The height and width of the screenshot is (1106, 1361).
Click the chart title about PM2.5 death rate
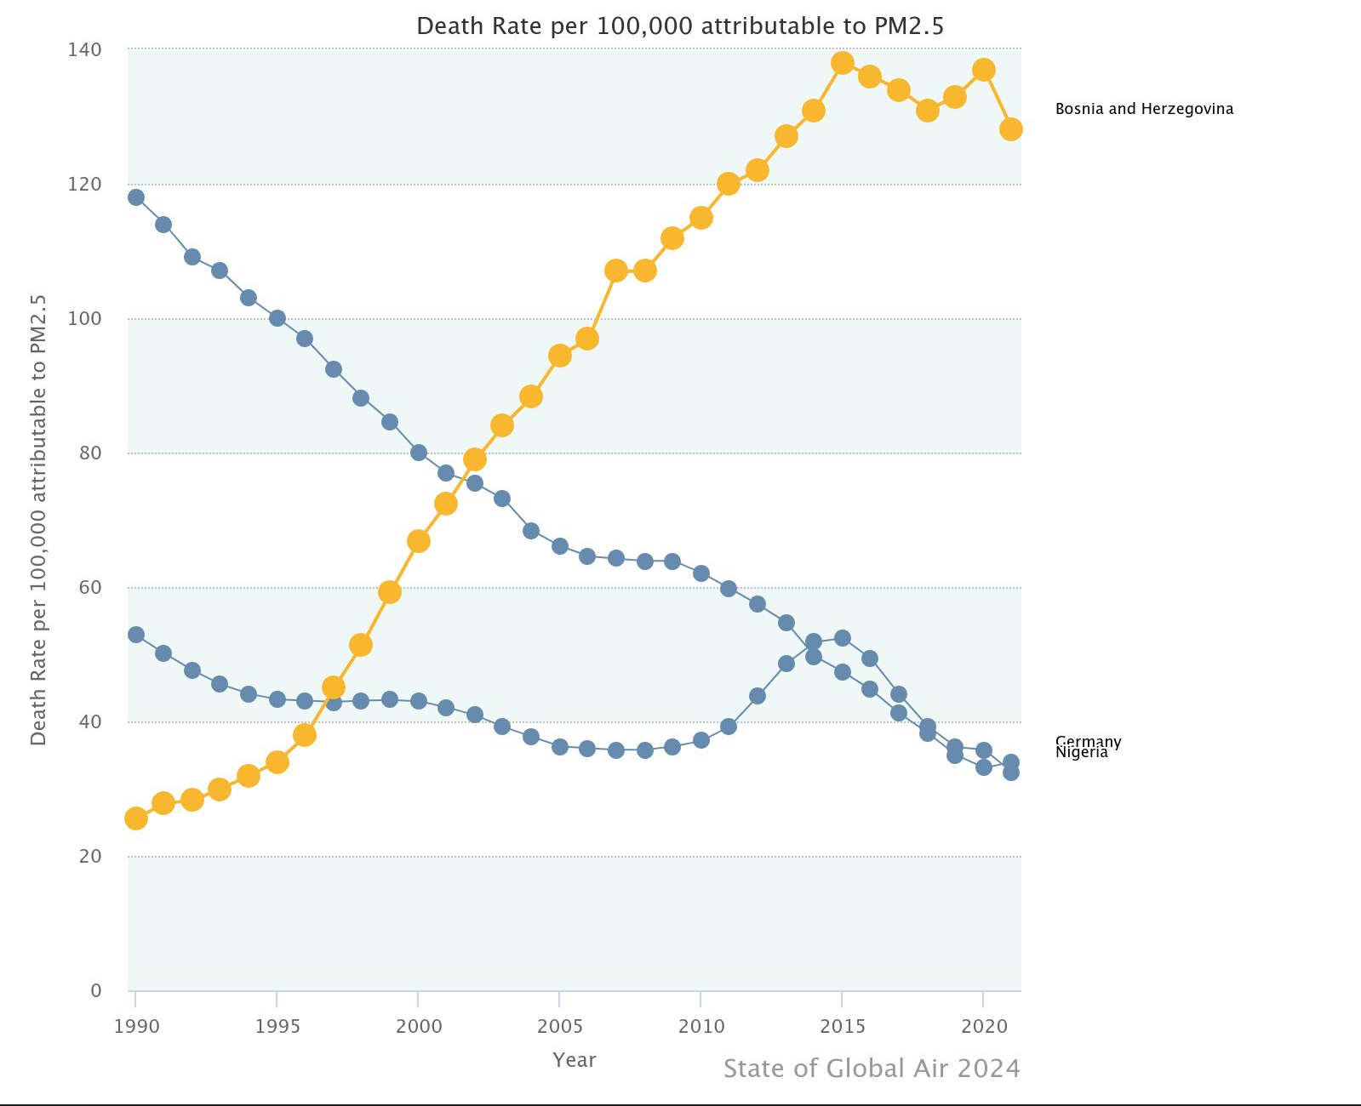tap(679, 26)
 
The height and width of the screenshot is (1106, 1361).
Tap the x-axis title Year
tap(574, 1060)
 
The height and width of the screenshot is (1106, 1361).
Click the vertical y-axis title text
tap(38, 520)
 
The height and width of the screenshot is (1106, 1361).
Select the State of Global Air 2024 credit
tap(871, 1069)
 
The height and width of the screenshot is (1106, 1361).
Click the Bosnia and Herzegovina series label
tap(1143, 109)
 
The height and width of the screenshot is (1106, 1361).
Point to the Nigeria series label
tap(1081, 753)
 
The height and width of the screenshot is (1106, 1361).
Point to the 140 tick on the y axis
tap(84, 50)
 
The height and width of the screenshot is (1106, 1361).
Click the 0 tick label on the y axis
tap(95, 990)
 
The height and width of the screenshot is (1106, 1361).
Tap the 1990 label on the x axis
tap(136, 1026)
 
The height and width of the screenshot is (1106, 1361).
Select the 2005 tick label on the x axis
tap(559, 1026)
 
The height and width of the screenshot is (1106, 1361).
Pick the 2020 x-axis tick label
tap(983, 1026)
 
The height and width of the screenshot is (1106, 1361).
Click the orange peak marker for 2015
tap(843, 63)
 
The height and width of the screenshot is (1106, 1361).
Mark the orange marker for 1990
tap(136, 818)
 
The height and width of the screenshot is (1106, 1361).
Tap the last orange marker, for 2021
tap(1010, 129)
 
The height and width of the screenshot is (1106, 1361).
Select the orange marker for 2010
tap(701, 218)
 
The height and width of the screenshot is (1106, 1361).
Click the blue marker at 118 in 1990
tap(136, 197)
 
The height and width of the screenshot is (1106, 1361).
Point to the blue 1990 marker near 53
tap(136, 635)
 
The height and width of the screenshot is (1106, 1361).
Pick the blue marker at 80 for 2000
tap(419, 453)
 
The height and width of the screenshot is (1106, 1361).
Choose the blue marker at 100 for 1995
tap(277, 318)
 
